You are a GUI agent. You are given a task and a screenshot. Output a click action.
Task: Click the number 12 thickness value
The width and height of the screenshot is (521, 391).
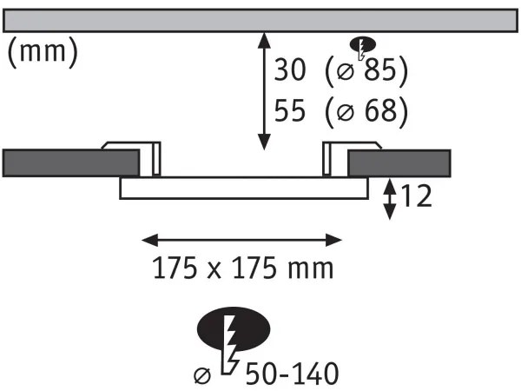click(417, 198)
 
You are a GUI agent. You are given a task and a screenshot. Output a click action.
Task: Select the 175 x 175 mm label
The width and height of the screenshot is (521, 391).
click(243, 268)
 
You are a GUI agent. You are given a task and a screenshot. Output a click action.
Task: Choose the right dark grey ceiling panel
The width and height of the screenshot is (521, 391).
click(399, 162)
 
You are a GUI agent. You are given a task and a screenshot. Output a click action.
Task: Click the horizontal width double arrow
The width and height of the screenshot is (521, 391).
click(242, 238)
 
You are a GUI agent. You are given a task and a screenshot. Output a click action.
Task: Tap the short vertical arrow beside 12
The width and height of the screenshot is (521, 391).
click(390, 199)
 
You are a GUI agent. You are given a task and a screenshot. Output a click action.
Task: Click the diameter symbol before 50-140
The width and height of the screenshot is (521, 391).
click(201, 375)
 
